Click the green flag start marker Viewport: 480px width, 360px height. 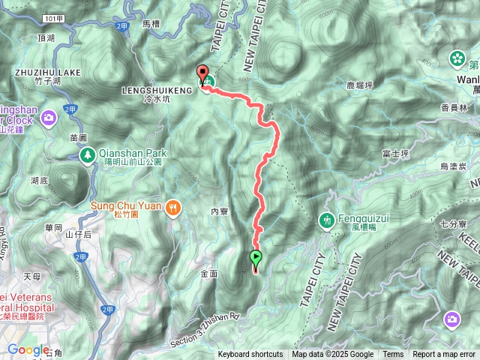[256, 259]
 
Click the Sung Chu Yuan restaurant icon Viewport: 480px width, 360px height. [174, 206]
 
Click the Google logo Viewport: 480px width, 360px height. [28, 349]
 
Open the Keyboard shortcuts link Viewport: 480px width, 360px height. [250, 355]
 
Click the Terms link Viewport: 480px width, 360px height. [393, 355]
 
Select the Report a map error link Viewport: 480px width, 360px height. [444, 355]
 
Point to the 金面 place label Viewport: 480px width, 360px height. [209, 274]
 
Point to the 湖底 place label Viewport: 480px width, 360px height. [39, 180]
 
